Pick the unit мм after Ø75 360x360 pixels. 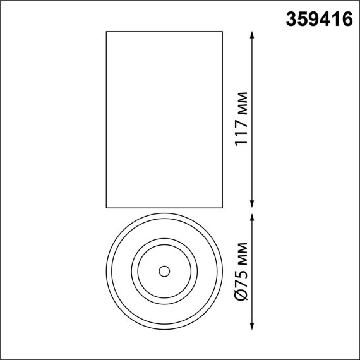coord(240,255)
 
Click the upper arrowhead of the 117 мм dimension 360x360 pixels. coord(253,35)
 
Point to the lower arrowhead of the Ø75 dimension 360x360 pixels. coord(253,325)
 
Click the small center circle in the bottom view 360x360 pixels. coord(164,272)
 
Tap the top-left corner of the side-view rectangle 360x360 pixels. coord(105,31)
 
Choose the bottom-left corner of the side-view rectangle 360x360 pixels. coord(105,207)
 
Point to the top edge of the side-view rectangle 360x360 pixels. coord(164,31)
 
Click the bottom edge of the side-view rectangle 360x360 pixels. coord(164,207)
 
